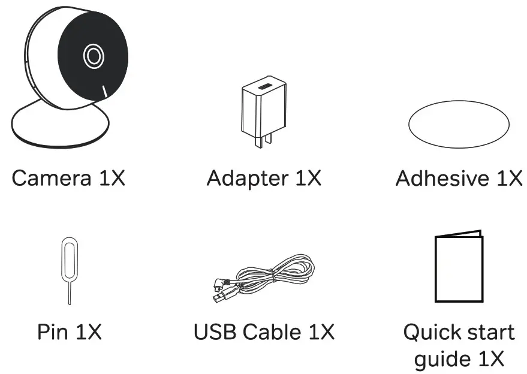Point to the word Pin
pos(52,332)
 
